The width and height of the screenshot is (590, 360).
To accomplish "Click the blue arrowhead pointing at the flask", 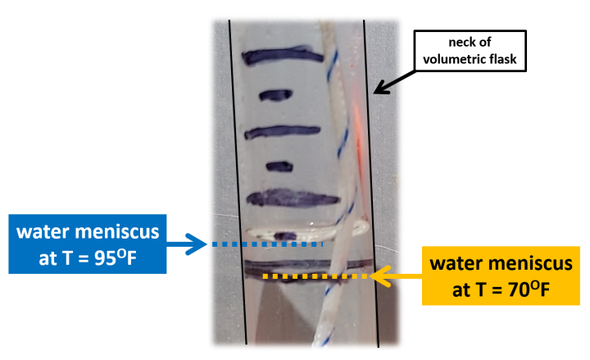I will point(197,244).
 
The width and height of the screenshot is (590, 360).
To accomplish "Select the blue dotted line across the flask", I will point(270,244).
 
